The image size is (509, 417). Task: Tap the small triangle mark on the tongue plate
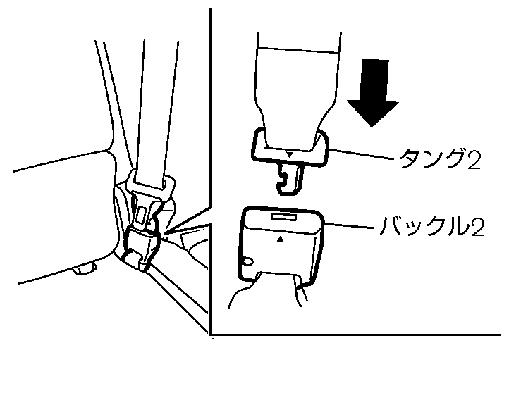pos(289,153)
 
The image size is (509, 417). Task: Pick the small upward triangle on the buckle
pos(281,240)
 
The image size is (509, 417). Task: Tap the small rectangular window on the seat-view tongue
pos(142,211)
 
